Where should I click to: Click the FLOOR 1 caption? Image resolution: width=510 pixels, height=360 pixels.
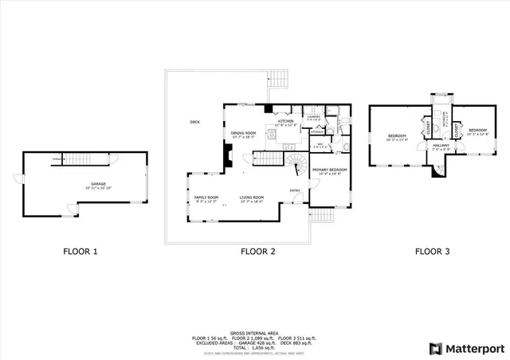tap(80, 252)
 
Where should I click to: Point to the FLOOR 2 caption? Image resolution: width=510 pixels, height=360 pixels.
tap(258, 252)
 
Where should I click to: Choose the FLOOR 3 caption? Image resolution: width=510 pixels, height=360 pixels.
tap(433, 252)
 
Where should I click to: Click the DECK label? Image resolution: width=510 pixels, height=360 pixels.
tap(195, 122)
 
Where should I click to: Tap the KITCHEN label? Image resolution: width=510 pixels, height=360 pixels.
tap(285, 121)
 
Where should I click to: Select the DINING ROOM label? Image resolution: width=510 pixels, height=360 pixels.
tap(242, 134)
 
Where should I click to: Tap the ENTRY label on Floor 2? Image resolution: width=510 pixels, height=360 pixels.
tap(295, 190)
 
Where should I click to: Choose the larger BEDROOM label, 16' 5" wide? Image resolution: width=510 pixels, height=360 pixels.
tap(397, 136)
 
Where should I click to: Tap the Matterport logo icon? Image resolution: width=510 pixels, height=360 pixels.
tap(435, 347)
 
